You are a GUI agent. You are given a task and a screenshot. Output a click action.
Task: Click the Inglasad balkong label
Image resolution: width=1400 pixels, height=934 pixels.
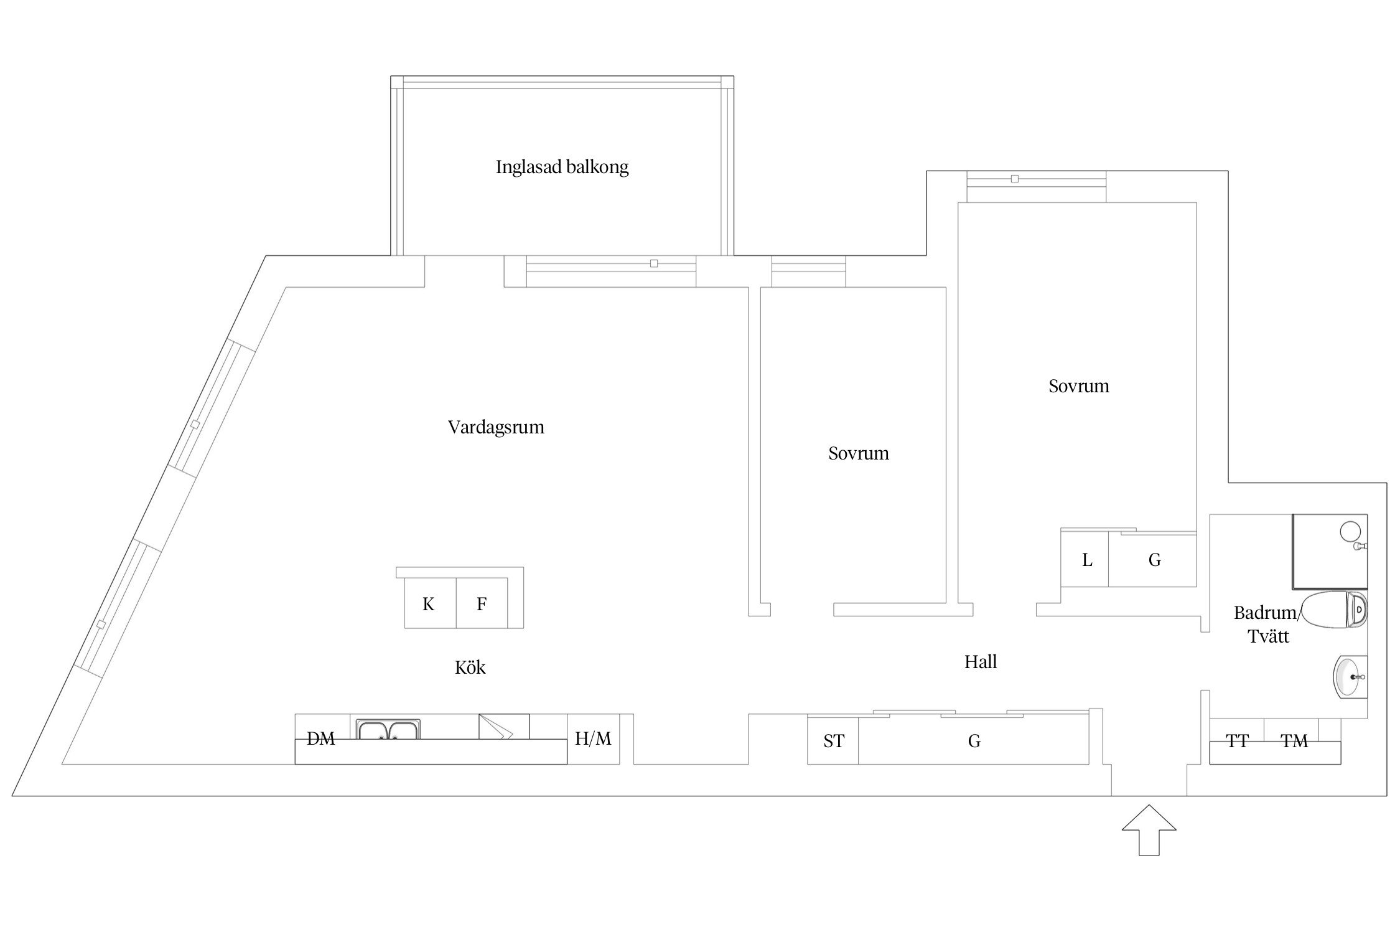coord(562,167)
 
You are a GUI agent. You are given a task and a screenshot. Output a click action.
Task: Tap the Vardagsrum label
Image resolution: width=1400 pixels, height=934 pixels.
coord(496,427)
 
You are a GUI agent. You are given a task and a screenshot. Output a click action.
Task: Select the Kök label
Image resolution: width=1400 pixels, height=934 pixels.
coord(470,667)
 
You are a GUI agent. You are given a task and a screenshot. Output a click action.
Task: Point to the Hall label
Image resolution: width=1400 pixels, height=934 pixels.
coord(981,662)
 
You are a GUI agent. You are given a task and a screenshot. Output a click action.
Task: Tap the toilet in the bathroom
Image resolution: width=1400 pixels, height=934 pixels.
coord(1335,610)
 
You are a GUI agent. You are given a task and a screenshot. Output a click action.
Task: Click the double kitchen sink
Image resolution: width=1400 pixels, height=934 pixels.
coord(388,729)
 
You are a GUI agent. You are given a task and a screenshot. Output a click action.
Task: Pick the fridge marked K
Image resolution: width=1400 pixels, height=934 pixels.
coord(429,603)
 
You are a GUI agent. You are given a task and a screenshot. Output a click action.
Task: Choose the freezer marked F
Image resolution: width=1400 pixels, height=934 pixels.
coord(482,603)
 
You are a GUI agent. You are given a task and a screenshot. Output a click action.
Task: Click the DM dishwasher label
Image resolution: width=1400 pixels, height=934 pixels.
coord(321,738)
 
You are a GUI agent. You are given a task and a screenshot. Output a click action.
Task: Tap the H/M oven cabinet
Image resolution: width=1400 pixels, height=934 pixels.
coord(593,738)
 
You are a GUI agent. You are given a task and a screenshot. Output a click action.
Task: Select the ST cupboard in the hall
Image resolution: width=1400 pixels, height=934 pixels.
coord(833,741)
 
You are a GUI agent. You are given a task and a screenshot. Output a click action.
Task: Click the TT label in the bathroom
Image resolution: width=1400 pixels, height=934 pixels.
coord(1237,741)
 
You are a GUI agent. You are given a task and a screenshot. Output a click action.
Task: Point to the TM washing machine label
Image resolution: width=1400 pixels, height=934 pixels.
coord(1294,741)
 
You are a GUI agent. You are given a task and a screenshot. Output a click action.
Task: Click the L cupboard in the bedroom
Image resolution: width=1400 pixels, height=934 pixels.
coord(1086,560)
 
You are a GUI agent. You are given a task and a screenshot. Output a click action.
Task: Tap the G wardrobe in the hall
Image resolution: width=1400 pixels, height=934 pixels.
coord(974,741)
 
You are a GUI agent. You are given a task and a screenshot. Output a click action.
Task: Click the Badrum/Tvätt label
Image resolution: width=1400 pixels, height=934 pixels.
coord(1266,625)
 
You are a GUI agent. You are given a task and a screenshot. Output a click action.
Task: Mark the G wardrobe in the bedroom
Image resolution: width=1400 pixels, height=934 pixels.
coord(1154,560)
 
